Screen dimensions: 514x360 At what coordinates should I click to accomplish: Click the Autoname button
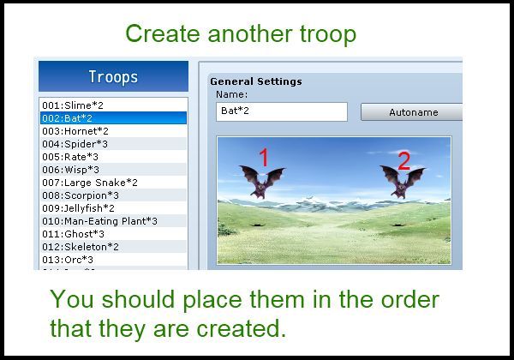point(412,112)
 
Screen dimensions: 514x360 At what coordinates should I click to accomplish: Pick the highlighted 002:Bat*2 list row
point(113,118)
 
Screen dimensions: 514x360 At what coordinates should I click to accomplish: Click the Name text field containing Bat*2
point(282,111)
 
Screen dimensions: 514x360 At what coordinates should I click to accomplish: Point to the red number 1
point(264,157)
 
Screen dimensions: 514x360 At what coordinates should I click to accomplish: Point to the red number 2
point(403,161)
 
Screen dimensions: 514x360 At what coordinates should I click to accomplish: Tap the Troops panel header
point(113,76)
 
